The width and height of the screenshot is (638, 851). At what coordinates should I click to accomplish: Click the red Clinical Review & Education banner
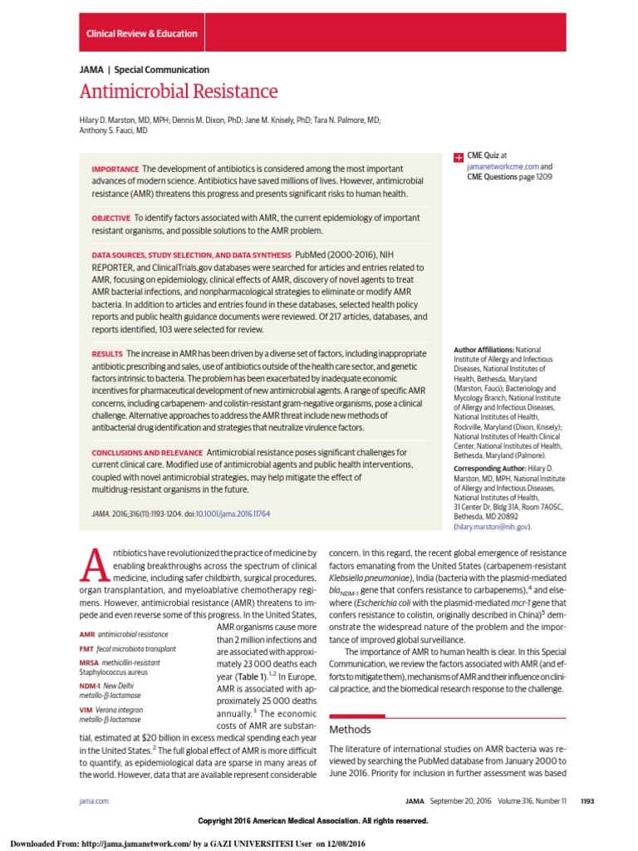click(142, 34)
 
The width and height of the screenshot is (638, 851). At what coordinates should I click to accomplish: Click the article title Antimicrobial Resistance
click(179, 91)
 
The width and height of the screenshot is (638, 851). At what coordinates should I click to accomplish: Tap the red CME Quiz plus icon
click(457, 156)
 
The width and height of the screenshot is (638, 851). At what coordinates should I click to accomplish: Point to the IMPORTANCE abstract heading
click(115, 170)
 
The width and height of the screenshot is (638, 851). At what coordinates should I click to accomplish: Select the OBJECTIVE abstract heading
click(111, 217)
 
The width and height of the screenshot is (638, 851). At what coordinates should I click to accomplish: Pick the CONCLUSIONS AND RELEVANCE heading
click(147, 452)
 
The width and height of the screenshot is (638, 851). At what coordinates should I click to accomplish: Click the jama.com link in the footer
click(94, 800)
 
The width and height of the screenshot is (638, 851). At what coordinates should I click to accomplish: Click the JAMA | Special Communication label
click(144, 70)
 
